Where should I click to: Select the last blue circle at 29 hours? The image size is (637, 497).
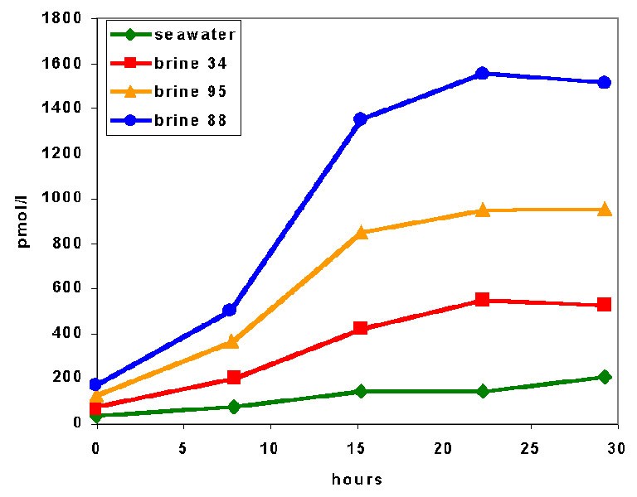click(605, 82)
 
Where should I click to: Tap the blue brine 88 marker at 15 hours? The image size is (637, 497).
click(361, 119)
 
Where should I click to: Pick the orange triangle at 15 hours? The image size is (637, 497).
click(361, 232)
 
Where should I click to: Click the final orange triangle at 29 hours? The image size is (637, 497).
click(605, 209)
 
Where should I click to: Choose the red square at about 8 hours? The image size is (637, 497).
click(234, 378)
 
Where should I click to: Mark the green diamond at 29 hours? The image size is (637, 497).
click(605, 377)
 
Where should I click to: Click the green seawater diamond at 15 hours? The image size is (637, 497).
click(361, 391)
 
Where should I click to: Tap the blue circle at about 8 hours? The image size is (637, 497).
click(230, 310)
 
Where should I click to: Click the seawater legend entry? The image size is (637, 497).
click(173, 34)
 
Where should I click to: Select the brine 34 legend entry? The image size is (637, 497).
click(173, 63)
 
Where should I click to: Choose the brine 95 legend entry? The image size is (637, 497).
click(173, 92)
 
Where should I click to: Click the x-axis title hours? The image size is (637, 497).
click(357, 480)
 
